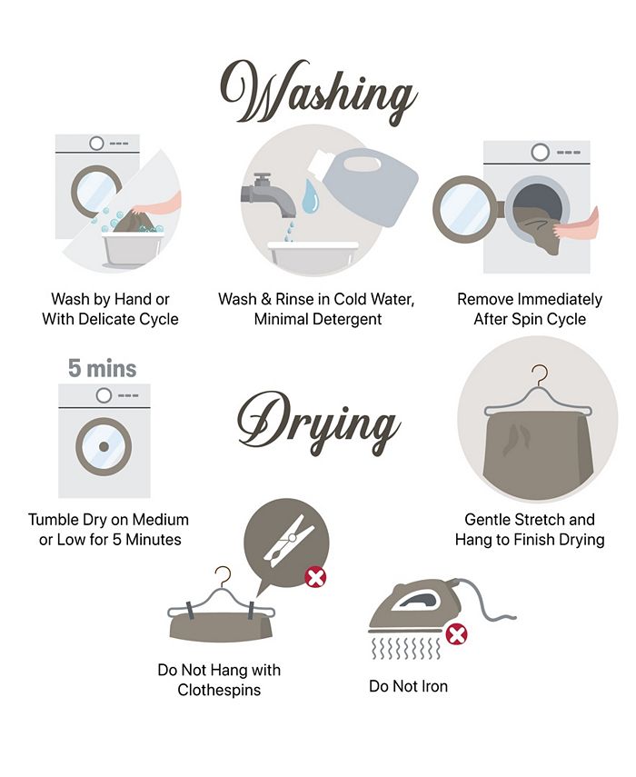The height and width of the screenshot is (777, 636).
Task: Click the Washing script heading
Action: [318, 93]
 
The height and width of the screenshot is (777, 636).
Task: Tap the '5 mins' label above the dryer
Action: [102, 368]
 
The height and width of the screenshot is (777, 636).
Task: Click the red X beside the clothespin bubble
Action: [315, 577]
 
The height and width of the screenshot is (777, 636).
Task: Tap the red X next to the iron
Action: [457, 635]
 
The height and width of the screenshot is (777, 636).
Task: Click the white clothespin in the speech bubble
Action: [289, 537]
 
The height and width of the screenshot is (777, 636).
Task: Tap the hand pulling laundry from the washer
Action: [576, 225]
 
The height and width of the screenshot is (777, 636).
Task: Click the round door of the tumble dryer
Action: [104, 446]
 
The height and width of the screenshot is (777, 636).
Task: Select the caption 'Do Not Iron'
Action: [408, 686]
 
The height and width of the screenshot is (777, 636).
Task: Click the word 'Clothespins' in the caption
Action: [219, 690]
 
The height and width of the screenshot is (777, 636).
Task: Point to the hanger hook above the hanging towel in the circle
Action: [540, 374]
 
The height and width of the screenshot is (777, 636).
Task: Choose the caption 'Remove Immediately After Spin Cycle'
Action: [530, 309]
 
